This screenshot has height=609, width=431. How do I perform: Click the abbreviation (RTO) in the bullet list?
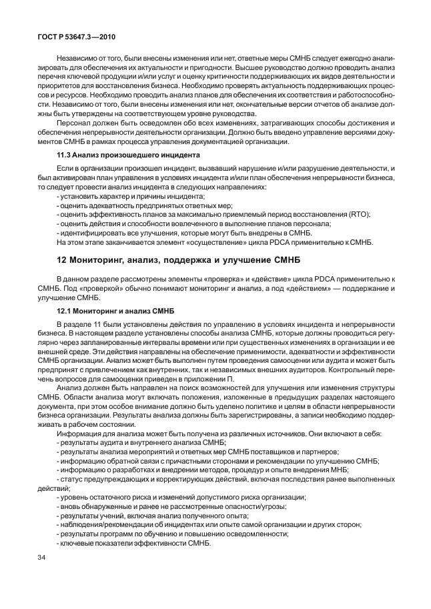pyautogui.click(x=358, y=214)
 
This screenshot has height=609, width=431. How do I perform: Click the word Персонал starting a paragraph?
pyautogui.click(x=76, y=123)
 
